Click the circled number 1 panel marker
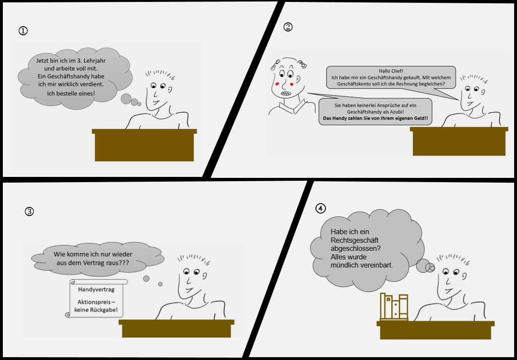tap(23, 31)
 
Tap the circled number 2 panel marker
tap(288, 27)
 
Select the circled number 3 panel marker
tap(30, 211)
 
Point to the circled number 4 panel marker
tap(321, 208)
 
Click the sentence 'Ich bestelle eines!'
tap(71, 93)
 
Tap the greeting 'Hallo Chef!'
tap(391, 71)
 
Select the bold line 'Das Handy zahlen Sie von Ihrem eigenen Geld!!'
tap(375, 118)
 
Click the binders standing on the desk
tap(394, 307)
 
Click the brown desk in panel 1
tap(144, 145)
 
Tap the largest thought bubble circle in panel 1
tap(126, 99)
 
